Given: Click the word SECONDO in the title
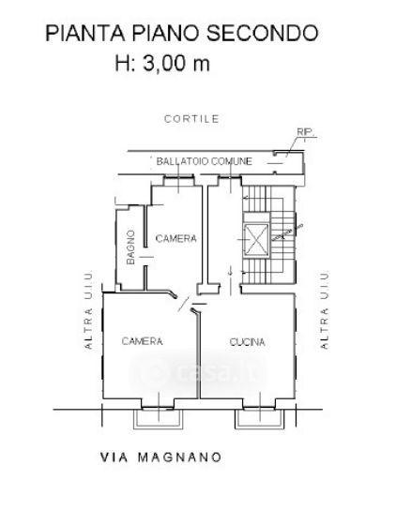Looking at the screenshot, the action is pyautogui.click(x=262, y=34).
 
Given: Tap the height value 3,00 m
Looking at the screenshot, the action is pyautogui.click(x=176, y=63).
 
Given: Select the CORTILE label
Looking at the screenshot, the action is pyautogui.click(x=191, y=119).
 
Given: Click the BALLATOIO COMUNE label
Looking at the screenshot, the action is pyautogui.click(x=204, y=161).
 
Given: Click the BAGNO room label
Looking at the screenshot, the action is pyautogui.click(x=131, y=247).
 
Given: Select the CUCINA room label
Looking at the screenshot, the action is pyautogui.click(x=247, y=342).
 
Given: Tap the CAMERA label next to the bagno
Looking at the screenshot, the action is pyautogui.click(x=175, y=238).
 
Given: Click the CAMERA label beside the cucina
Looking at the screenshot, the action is pyautogui.click(x=142, y=341).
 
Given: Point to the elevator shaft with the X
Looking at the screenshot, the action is pyautogui.click(x=256, y=239).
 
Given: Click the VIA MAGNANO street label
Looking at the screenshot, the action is pyautogui.click(x=160, y=457).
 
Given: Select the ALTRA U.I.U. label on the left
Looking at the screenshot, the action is pyautogui.click(x=88, y=310).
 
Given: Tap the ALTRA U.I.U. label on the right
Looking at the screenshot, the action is pyautogui.click(x=325, y=310).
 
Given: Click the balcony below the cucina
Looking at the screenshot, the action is pyautogui.click(x=259, y=418).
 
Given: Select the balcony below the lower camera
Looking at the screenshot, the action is pyautogui.click(x=159, y=418).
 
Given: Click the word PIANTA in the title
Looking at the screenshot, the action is pyautogui.click(x=85, y=34).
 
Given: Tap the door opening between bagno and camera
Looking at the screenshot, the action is pyautogui.click(x=145, y=257).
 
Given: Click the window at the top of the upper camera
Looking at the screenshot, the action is pyautogui.click(x=178, y=180).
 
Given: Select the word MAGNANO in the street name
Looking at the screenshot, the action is pyautogui.click(x=180, y=457).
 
